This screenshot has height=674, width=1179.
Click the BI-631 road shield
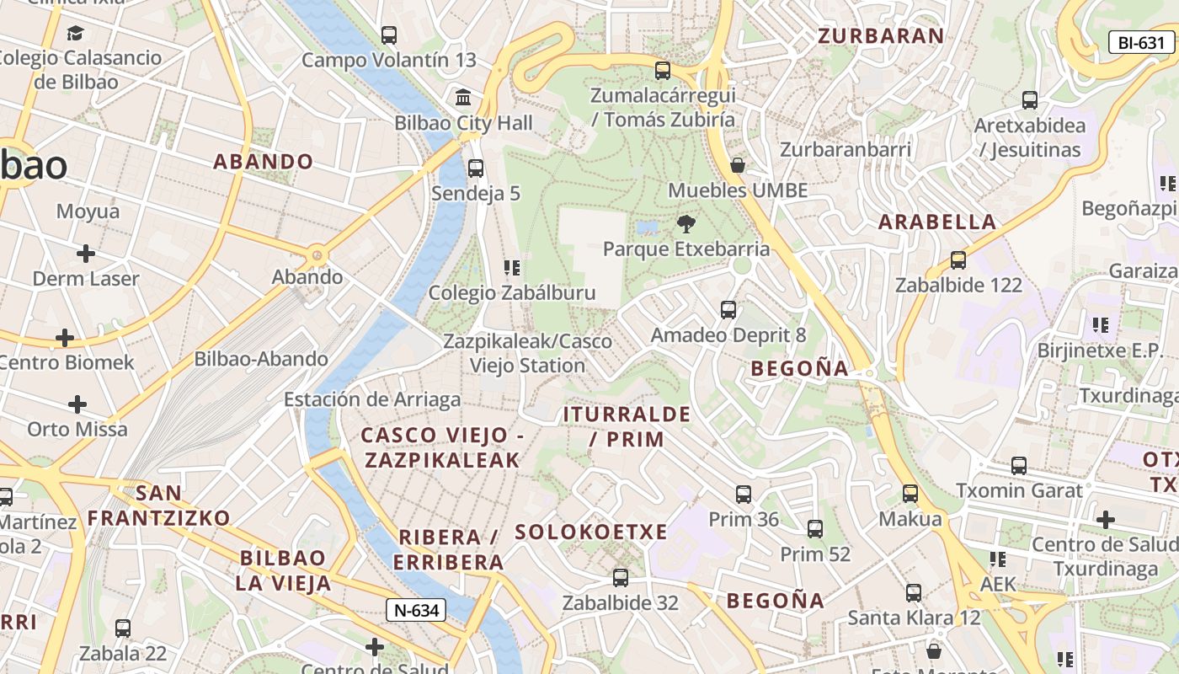pos(1141,43)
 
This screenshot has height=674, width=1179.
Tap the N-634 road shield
pos(416,610)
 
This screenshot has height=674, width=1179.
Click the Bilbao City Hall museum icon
pos(462,97)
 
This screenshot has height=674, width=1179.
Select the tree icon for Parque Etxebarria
pos(686,224)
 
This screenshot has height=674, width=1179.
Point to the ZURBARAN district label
pos(881,35)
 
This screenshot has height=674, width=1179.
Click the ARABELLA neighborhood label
pos(937,222)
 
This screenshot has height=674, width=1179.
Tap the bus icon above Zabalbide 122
pos(958,260)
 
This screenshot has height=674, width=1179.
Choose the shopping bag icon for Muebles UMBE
pos(738,165)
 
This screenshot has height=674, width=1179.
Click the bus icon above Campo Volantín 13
pos(388,35)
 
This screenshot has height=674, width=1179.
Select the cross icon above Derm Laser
pos(85,253)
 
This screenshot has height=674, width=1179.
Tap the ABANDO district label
pos(263,162)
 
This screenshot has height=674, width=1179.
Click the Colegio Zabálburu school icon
pos(511,268)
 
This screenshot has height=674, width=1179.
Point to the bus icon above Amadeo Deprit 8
pos(728,310)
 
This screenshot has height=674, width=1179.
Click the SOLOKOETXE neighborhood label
pos(590,532)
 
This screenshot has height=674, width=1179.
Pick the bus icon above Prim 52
pos(814,529)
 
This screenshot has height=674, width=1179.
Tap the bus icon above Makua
pos(910,494)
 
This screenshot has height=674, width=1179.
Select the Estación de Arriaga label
pos(372,399)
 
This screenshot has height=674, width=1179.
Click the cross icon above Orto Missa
pos(77,404)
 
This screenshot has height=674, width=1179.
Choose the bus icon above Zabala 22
pos(123,629)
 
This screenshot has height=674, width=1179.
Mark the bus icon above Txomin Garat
pos(1019,465)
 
